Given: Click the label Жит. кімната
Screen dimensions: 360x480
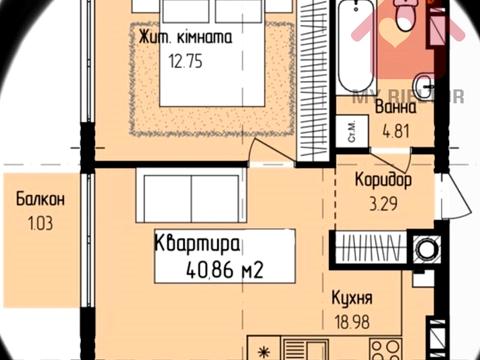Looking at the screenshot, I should [187, 38].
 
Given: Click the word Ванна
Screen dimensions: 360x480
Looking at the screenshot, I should [396, 108].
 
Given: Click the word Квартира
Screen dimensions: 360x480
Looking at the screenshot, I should [196, 242].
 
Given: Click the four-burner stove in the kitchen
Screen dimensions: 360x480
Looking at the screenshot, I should [384, 348].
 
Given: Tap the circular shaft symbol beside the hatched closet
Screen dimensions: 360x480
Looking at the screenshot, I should [424, 246].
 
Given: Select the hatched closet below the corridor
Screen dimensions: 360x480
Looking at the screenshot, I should [372, 246].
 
